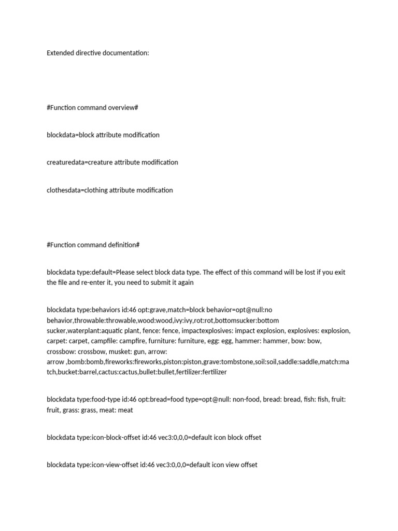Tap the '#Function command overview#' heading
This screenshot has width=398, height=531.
click(x=92, y=108)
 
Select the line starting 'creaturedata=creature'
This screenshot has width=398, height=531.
click(x=112, y=162)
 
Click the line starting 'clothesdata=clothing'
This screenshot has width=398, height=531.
click(x=109, y=190)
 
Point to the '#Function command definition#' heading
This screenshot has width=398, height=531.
click(x=93, y=245)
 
